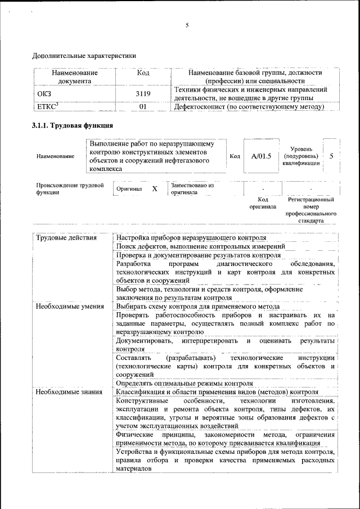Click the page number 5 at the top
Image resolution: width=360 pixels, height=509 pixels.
pos(186,25)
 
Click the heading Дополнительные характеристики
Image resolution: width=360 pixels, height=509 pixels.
pos(84,56)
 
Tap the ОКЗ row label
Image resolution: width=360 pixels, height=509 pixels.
pos(44,94)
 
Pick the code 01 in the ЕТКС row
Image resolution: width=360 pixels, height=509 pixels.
pos(143,106)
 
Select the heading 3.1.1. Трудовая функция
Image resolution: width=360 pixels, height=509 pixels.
pos(73,125)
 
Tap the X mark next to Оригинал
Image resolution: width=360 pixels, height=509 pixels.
pos(154,189)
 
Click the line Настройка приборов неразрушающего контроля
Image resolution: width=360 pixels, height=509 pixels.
pos(191,238)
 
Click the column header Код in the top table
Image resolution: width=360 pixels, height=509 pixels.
pos(143,73)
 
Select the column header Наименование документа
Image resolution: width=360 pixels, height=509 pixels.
pos(75,77)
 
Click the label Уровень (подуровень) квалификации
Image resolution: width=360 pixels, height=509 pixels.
pos(303,155)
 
